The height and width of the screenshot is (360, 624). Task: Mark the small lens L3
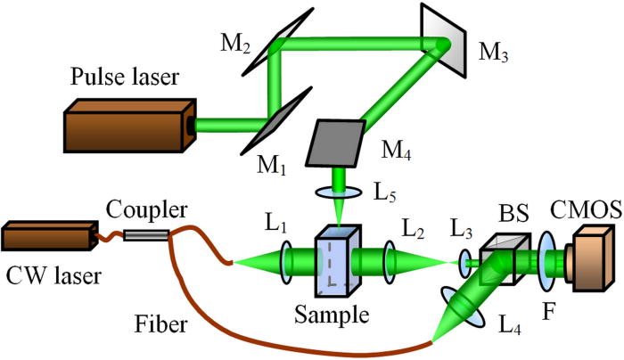click(465, 261)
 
